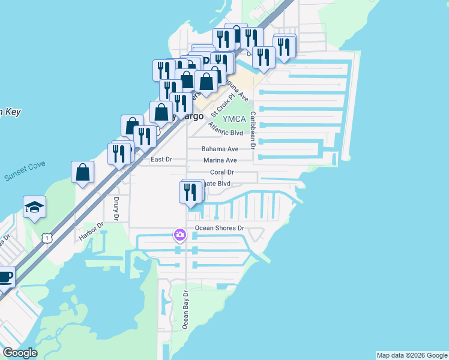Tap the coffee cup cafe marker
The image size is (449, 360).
pos(5,277)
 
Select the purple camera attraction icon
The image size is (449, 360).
pos(179,234)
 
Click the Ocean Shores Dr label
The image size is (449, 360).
pos(220,228)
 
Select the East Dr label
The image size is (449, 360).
pos(161,160)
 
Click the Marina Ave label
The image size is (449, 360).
pos(220,160)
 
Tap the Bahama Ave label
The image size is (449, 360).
pos(220,149)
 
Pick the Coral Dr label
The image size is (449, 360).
pos(221,172)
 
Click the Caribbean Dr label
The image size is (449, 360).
pos(253,129)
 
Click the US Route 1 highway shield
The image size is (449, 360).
pos(46,238)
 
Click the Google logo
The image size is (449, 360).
pos(20,353)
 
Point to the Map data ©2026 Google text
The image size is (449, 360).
pos(412,355)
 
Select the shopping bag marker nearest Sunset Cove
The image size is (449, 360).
pos(83,172)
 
